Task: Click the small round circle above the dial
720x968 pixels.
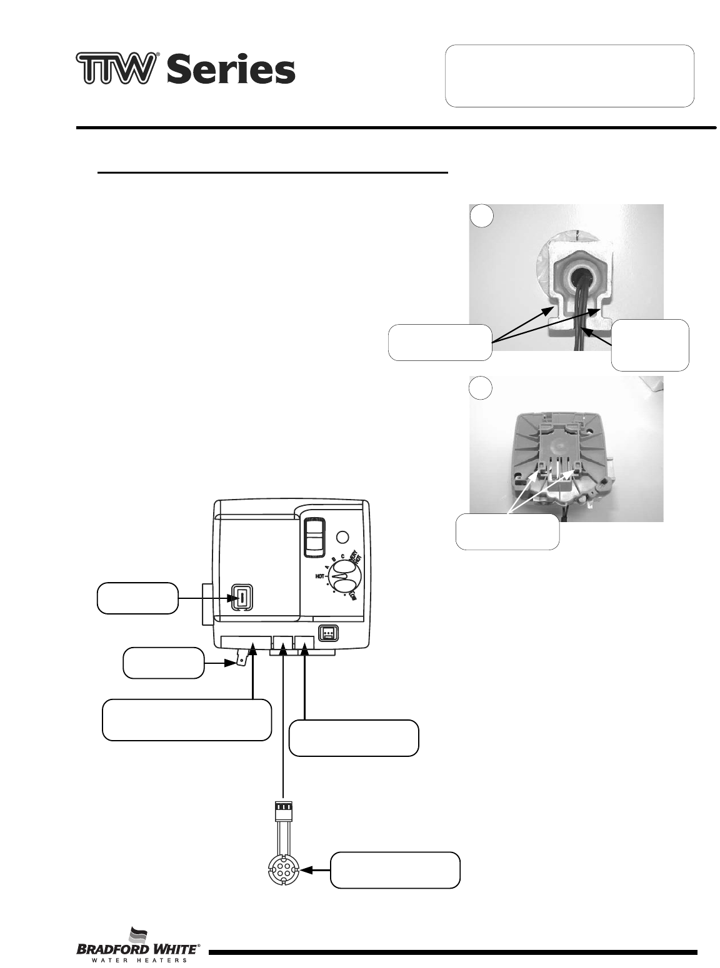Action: (x=342, y=536)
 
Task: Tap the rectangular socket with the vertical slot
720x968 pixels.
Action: (x=241, y=597)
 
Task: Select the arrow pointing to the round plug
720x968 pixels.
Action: (x=314, y=870)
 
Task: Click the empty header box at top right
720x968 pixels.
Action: (x=569, y=76)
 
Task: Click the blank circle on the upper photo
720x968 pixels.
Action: (x=481, y=216)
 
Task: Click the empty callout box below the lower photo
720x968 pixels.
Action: (x=507, y=531)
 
